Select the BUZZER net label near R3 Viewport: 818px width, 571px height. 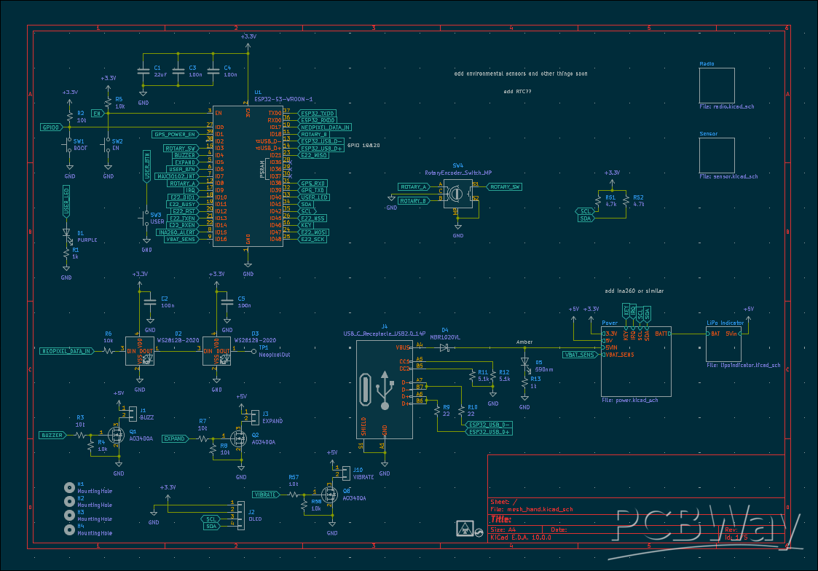click(52, 435)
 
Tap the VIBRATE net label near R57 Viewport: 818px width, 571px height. click(265, 495)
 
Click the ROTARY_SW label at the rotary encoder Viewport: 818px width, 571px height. click(505, 187)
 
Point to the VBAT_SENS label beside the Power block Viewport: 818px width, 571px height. click(580, 355)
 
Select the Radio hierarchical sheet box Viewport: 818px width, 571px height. click(717, 85)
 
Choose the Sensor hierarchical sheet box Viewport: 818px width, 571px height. click(717, 156)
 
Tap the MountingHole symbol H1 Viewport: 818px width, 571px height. click(69, 487)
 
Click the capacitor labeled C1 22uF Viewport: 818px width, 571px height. click(143, 71)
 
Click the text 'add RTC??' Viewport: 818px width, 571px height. click(518, 92)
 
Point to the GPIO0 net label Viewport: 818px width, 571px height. click(51, 127)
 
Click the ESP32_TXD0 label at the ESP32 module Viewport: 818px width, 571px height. click(318, 114)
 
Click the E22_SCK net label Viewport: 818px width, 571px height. click(314, 239)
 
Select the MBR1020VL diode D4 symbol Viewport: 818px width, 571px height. click(444, 347)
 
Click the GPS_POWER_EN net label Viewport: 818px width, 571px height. click(175, 134)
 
